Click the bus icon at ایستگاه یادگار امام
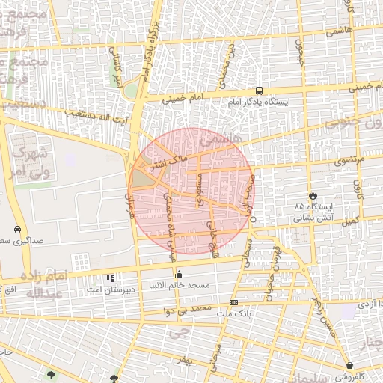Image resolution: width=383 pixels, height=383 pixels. pos(260,88)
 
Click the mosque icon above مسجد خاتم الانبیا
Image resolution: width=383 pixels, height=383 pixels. pos(178,273)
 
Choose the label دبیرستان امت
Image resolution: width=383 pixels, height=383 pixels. pos(129,289)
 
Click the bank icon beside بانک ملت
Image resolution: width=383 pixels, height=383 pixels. pos(234,302)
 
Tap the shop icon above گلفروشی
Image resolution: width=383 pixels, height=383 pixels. pos(350,366)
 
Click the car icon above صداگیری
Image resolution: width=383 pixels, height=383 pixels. pos(16,230)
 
